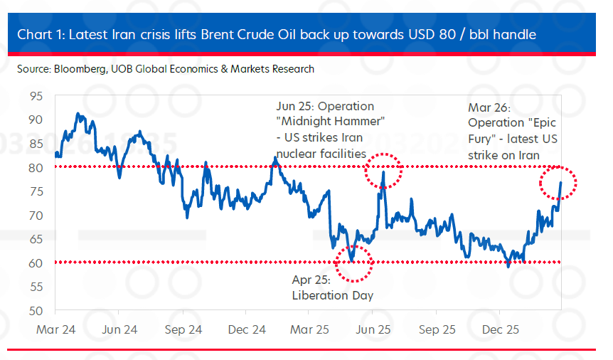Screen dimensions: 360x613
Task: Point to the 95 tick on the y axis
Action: (36, 95)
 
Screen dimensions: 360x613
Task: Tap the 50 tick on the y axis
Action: (36, 311)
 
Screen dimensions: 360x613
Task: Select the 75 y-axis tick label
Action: (36, 191)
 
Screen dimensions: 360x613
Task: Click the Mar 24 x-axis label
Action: (57, 330)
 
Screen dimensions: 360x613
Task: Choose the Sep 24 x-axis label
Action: (183, 330)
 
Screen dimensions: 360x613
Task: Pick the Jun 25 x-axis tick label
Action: (373, 330)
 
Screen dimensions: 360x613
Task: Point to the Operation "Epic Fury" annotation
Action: (505, 131)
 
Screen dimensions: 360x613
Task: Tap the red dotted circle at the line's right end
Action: (558, 184)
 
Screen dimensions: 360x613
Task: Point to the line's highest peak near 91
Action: (78, 114)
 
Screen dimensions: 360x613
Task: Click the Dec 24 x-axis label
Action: (247, 330)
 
